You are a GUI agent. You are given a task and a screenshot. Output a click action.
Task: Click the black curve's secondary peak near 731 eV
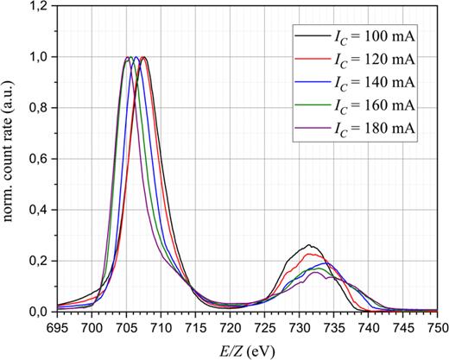pyautogui.click(x=308, y=244)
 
